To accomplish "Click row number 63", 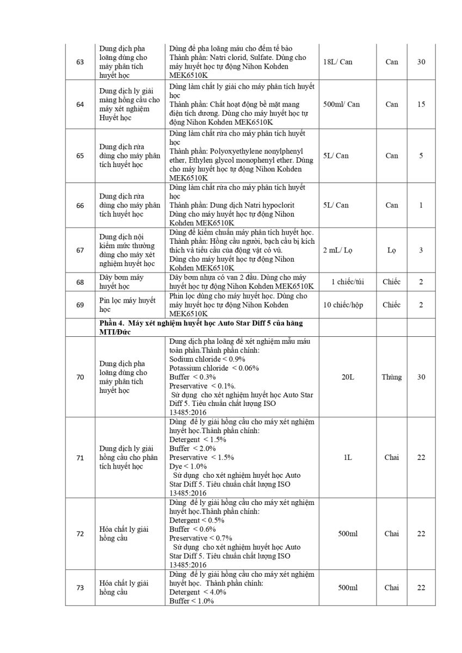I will coord(80,61).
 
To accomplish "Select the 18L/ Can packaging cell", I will coord(337,61).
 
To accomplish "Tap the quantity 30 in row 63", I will coord(421,61).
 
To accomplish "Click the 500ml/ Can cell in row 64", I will coord(341,104).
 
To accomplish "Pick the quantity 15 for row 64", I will coord(421,104).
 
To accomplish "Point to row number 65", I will coord(80,156).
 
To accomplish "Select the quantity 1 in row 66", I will coord(421,205).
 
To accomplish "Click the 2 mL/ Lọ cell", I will coord(341,250).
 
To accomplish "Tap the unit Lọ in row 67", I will coord(391,250).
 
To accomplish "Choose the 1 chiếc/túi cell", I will coord(347,282).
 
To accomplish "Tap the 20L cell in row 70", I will coord(348,377).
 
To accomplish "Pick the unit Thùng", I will coord(391,377).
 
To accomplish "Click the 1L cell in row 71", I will coord(348,457).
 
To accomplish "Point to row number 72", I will coord(80,534).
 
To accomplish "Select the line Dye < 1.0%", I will coord(188,466).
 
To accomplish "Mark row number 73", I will coord(80,588).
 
